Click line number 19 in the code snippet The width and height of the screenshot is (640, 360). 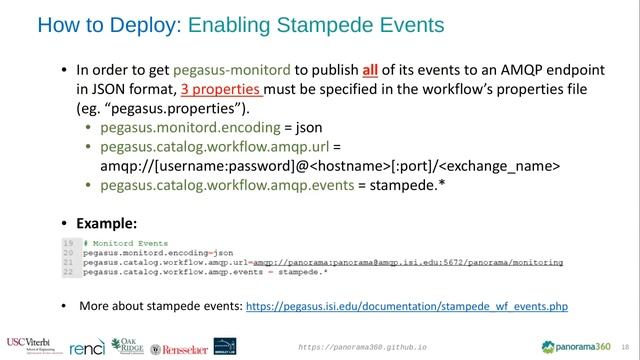pos(68,244)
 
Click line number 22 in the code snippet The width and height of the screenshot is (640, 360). pos(68,271)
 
